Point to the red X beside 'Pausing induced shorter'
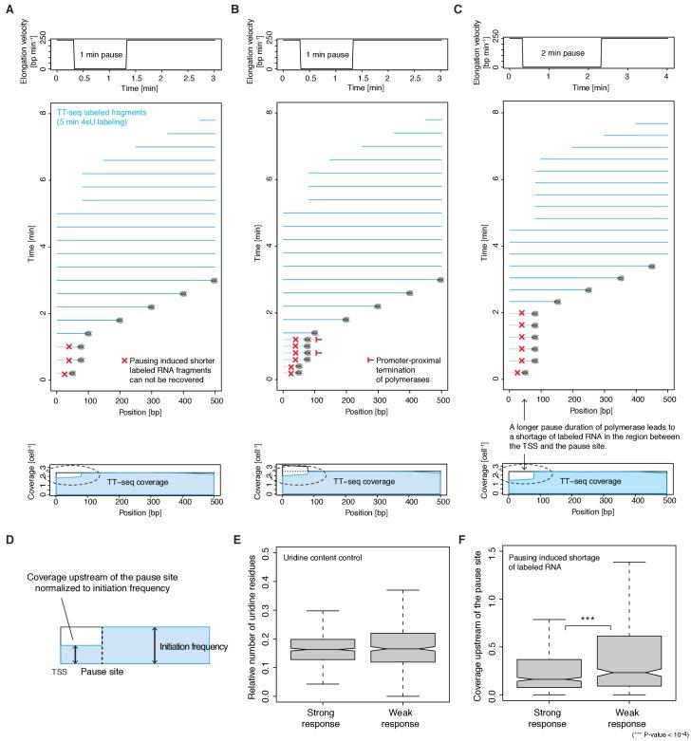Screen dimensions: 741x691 tap(124, 361)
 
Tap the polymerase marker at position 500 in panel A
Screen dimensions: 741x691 tap(215, 280)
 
